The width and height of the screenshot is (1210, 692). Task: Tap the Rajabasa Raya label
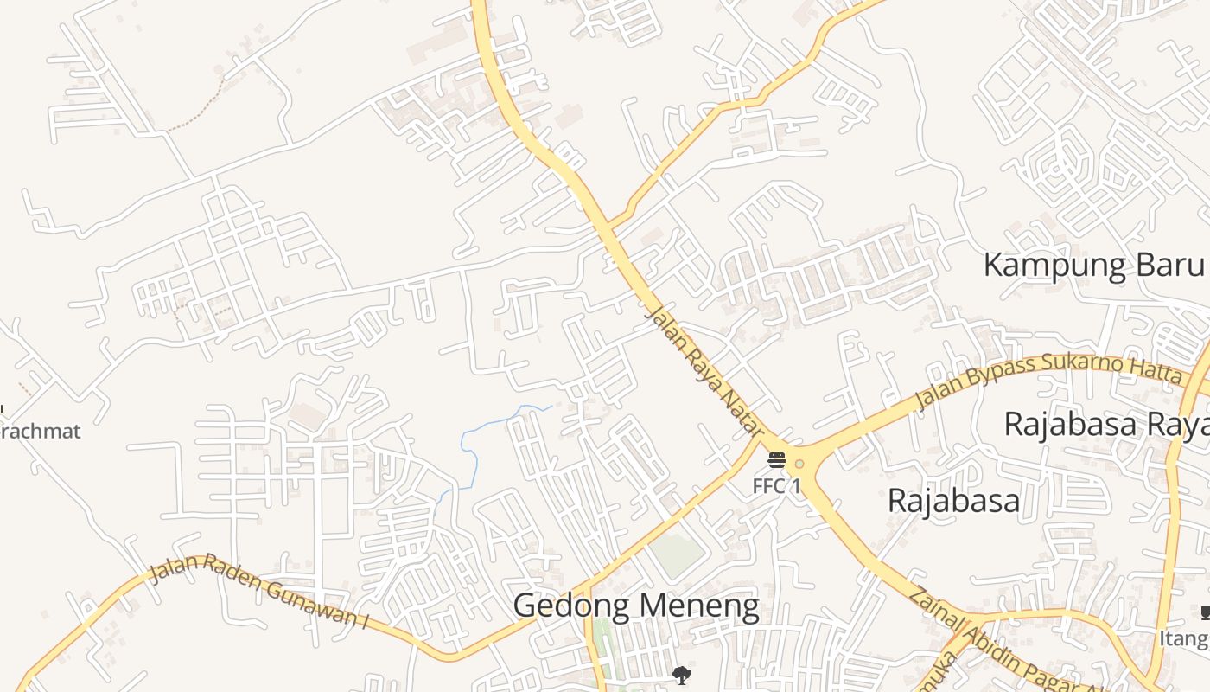coord(1105,425)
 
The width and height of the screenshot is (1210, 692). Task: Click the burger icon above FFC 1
coord(776,459)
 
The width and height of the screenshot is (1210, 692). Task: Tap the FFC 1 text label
coord(776,486)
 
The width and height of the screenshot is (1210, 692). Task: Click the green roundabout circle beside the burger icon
coord(799,464)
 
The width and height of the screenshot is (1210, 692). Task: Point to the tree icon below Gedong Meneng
coord(682,675)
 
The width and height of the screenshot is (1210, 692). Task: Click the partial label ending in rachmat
coord(40,431)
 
